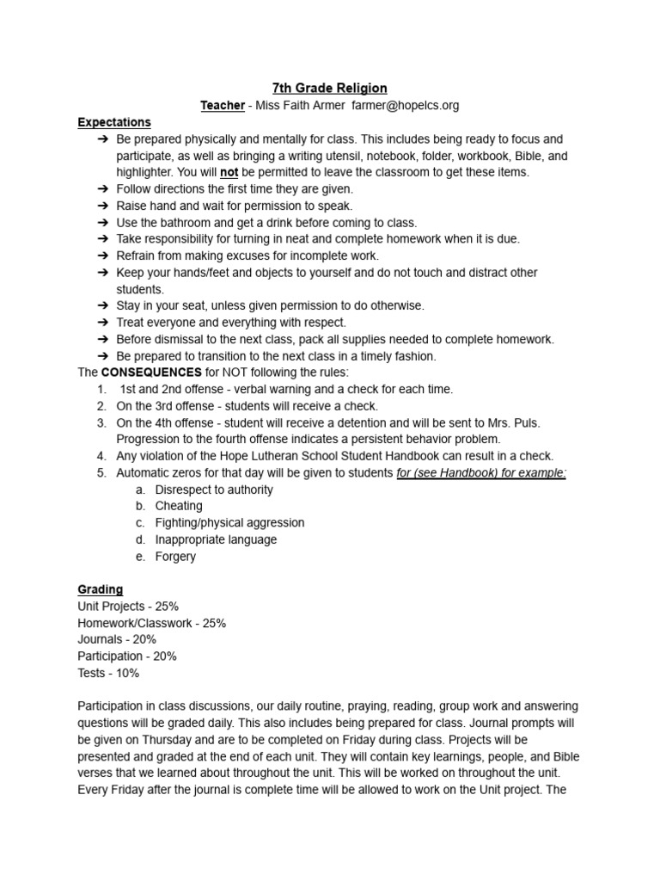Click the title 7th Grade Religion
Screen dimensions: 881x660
point(330,88)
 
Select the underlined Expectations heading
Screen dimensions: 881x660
point(114,122)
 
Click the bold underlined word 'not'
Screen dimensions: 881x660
point(229,172)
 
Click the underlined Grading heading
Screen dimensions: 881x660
point(101,589)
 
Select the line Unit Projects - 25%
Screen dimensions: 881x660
point(128,606)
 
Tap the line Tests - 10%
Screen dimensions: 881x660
point(108,673)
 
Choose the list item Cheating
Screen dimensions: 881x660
point(179,506)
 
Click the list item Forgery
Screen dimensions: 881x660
point(175,556)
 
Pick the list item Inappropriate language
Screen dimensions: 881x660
point(216,539)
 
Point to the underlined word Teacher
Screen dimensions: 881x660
point(223,105)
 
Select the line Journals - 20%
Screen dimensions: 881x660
point(117,639)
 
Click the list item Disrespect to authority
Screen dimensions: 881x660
point(214,490)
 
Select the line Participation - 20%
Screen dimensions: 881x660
point(127,656)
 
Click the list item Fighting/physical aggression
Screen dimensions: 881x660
point(229,522)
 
